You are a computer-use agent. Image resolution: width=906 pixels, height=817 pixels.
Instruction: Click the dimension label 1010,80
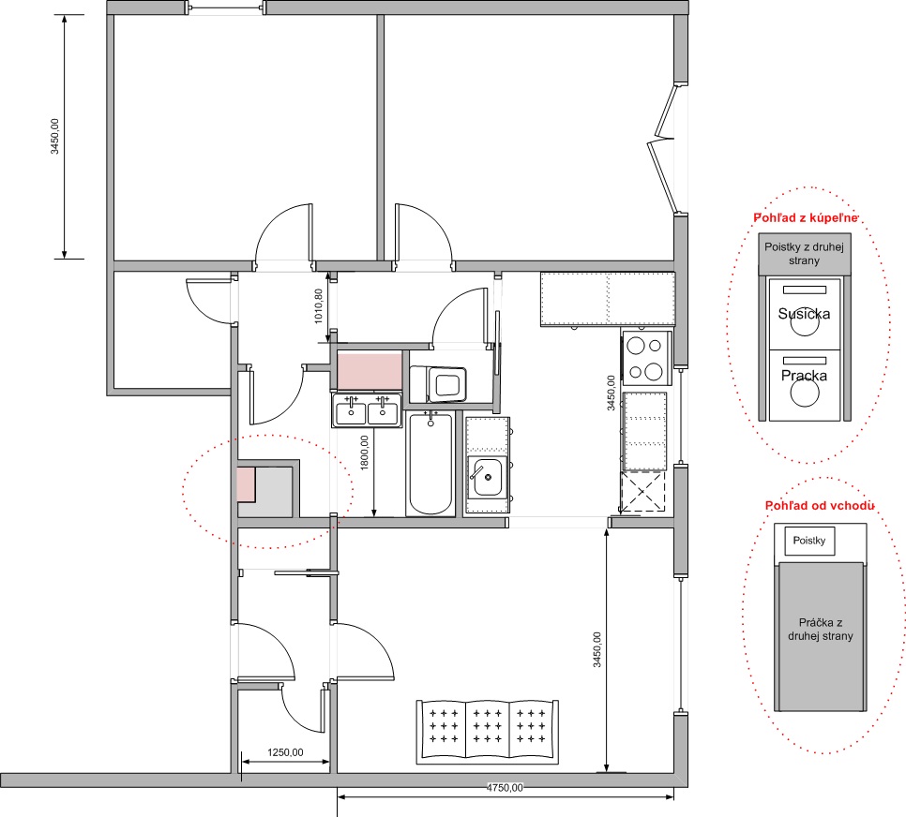coord(318,306)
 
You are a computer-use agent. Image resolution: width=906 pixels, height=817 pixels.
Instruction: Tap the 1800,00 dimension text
coord(365,453)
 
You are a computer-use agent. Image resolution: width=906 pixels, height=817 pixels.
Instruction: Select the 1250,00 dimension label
coord(285,752)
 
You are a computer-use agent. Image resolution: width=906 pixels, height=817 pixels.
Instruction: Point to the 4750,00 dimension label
coord(505,788)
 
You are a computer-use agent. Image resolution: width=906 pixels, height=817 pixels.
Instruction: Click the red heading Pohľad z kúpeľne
coord(806,217)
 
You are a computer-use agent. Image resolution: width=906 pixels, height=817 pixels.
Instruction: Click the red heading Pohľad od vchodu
coord(820,506)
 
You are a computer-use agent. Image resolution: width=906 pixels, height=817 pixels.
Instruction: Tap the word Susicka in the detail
coord(804,314)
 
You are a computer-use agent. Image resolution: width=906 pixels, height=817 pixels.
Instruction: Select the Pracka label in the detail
coord(804,376)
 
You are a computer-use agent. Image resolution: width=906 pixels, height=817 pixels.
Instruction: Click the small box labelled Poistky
coord(808,541)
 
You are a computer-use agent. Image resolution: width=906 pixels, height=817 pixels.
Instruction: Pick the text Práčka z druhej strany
coord(821,630)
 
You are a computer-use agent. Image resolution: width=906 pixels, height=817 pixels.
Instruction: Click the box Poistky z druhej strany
coord(805,254)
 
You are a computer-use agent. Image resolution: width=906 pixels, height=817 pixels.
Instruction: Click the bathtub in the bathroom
coord(430,464)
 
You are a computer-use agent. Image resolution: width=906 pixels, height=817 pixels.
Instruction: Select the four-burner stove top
coord(646,359)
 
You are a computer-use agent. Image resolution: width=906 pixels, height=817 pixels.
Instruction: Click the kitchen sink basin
coord(487,477)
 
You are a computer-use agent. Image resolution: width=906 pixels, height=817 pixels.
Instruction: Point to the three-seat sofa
coord(488,732)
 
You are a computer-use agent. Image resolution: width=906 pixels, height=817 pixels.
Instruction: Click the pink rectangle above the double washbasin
coord(370,370)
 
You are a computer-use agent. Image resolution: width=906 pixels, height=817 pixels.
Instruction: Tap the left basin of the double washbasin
coord(351,412)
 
